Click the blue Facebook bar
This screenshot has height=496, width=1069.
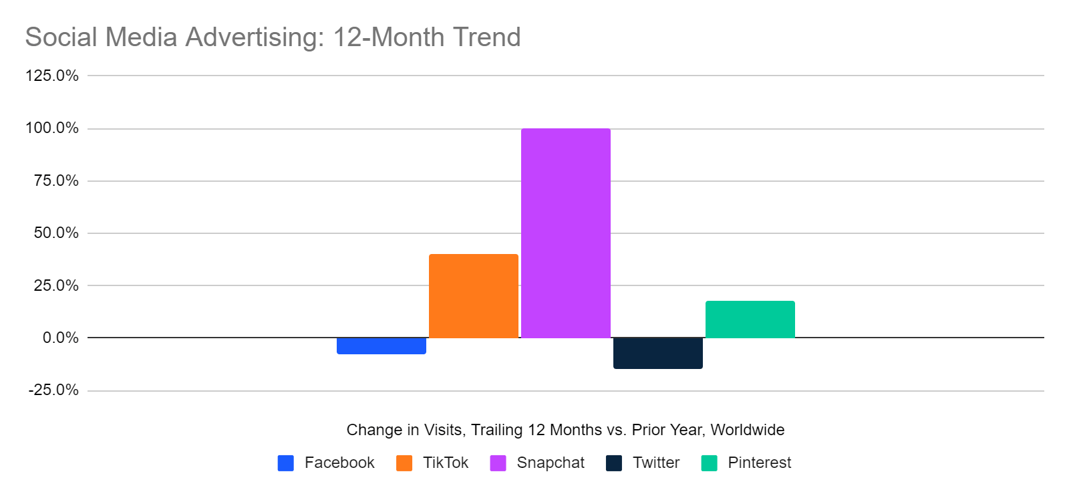click(381, 346)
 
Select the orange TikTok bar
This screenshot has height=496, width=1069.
click(473, 295)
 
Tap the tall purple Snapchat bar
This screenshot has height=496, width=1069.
click(565, 233)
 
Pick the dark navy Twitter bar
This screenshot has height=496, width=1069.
click(657, 353)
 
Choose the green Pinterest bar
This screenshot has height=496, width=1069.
click(750, 319)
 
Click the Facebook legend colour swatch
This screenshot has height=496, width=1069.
click(286, 463)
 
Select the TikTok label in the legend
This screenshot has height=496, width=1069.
click(446, 463)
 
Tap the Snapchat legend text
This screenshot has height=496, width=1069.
click(551, 463)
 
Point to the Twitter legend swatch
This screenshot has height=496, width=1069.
click(614, 463)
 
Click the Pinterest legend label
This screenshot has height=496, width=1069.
click(759, 463)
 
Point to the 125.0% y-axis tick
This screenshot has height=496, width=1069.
click(52, 76)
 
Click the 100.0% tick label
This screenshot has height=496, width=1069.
click(52, 128)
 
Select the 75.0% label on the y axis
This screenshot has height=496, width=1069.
click(56, 180)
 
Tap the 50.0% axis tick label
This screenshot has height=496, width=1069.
click(56, 233)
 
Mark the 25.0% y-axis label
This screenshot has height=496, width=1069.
click(56, 285)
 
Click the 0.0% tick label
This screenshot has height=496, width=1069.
click(60, 338)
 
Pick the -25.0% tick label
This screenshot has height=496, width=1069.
click(53, 390)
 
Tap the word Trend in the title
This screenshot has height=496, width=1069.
click(486, 37)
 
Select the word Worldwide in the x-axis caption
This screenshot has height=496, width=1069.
click(747, 430)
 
